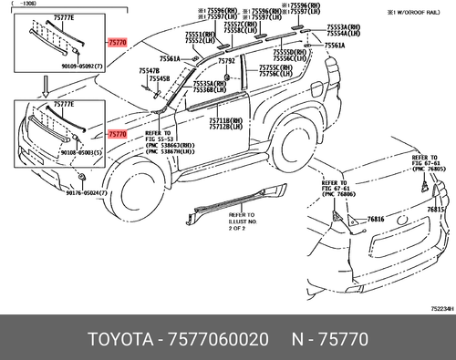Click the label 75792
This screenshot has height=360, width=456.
(x=226, y=60)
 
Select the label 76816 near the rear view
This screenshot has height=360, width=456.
(x=377, y=220)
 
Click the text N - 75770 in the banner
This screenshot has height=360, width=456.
(x=329, y=339)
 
